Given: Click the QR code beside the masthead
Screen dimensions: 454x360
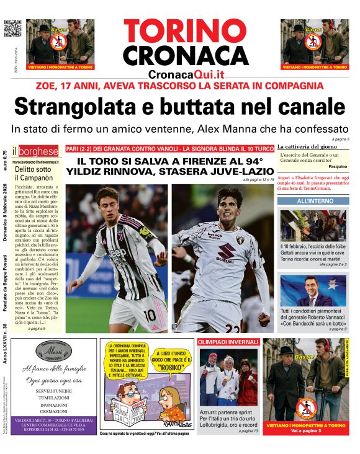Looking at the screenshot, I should point(13,29).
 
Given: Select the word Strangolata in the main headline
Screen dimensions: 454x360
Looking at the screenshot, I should point(74,107).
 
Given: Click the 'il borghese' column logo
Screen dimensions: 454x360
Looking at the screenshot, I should point(37,151).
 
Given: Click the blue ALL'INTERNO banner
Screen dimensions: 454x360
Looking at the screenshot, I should point(313,201).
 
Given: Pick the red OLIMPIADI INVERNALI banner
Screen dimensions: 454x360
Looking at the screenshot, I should point(228,342).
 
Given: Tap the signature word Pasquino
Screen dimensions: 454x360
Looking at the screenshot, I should point(338,166).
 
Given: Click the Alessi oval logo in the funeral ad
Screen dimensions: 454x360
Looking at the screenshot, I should point(53,351).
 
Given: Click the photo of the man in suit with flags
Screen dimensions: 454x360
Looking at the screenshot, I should point(313,292).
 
